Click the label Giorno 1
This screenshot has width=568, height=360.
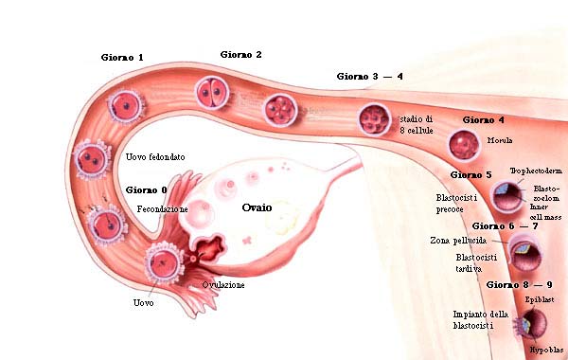[122, 58]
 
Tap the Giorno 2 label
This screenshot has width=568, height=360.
[240, 55]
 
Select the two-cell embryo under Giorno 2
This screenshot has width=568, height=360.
[212, 93]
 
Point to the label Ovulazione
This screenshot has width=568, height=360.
[223, 284]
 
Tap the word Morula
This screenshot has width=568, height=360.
[499, 140]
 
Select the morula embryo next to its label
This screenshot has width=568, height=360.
[464, 144]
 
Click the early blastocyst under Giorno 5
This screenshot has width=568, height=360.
[508, 197]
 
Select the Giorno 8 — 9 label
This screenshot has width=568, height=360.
[518, 283]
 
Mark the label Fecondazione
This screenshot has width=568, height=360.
[162, 207]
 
